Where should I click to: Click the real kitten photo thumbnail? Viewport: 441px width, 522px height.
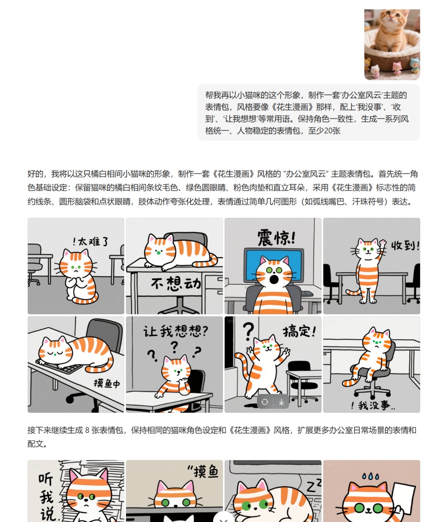392,44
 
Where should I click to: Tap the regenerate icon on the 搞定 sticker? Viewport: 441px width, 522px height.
265,402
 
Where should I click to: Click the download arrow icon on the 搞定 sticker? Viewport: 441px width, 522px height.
281,402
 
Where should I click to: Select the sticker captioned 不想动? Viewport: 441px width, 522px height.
174,266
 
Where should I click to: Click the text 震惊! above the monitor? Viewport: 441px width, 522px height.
277,238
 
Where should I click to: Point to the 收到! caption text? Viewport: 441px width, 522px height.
405,245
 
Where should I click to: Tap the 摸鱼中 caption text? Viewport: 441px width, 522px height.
107,383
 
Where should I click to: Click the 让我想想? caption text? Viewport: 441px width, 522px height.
176,331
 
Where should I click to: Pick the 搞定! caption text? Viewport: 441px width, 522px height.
299,331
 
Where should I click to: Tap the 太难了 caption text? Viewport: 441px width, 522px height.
91,241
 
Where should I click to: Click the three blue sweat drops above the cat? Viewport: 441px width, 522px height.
371,476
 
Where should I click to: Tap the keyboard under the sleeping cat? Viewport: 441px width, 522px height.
64,367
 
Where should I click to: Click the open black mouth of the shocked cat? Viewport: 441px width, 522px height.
274,279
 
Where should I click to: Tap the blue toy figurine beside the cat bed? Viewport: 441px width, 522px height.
415,65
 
